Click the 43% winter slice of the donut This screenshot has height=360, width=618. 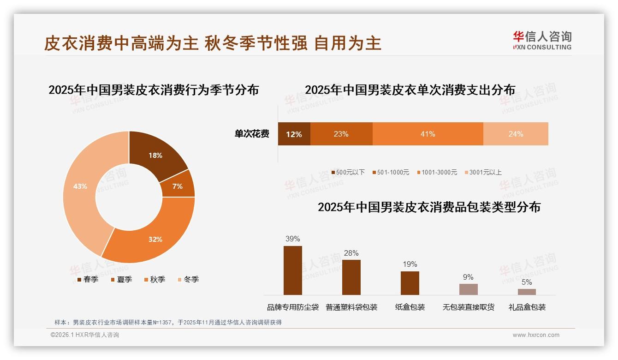pyautogui.click(x=81, y=186)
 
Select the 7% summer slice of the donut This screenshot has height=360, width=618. pyautogui.click(x=178, y=186)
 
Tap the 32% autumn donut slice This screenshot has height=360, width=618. pyautogui.click(x=155, y=239)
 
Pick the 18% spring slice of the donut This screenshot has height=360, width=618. pyautogui.click(x=155, y=156)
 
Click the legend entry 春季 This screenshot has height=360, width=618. pyautogui.click(x=86, y=280)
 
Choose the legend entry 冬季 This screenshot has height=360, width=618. pyautogui.click(x=188, y=280)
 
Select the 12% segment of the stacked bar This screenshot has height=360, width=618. pyautogui.click(x=294, y=134)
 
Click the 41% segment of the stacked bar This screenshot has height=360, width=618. pyautogui.click(x=428, y=134)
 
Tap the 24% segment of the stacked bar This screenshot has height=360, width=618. pyautogui.click(x=516, y=134)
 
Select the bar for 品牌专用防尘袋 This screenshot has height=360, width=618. pyautogui.click(x=293, y=270)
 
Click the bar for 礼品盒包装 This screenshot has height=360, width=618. pyautogui.click(x=527, y=292)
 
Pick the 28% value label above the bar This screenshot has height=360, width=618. pyautogui.click(x=351, y=253)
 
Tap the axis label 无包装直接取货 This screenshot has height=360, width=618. pyautogui.click(x=468, y=307)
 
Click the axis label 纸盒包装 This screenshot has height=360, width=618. pyautogui.click(x=410, y=307)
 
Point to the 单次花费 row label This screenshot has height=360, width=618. pyautogui.click(x=252, y=134)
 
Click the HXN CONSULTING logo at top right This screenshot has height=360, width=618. pyautogui.click(x=542, y=41)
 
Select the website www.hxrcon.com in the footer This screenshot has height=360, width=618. pyautogui.click(x=536, y=335)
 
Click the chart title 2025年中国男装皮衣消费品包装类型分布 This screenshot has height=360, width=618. pyautogui.click(x=429, y=207)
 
